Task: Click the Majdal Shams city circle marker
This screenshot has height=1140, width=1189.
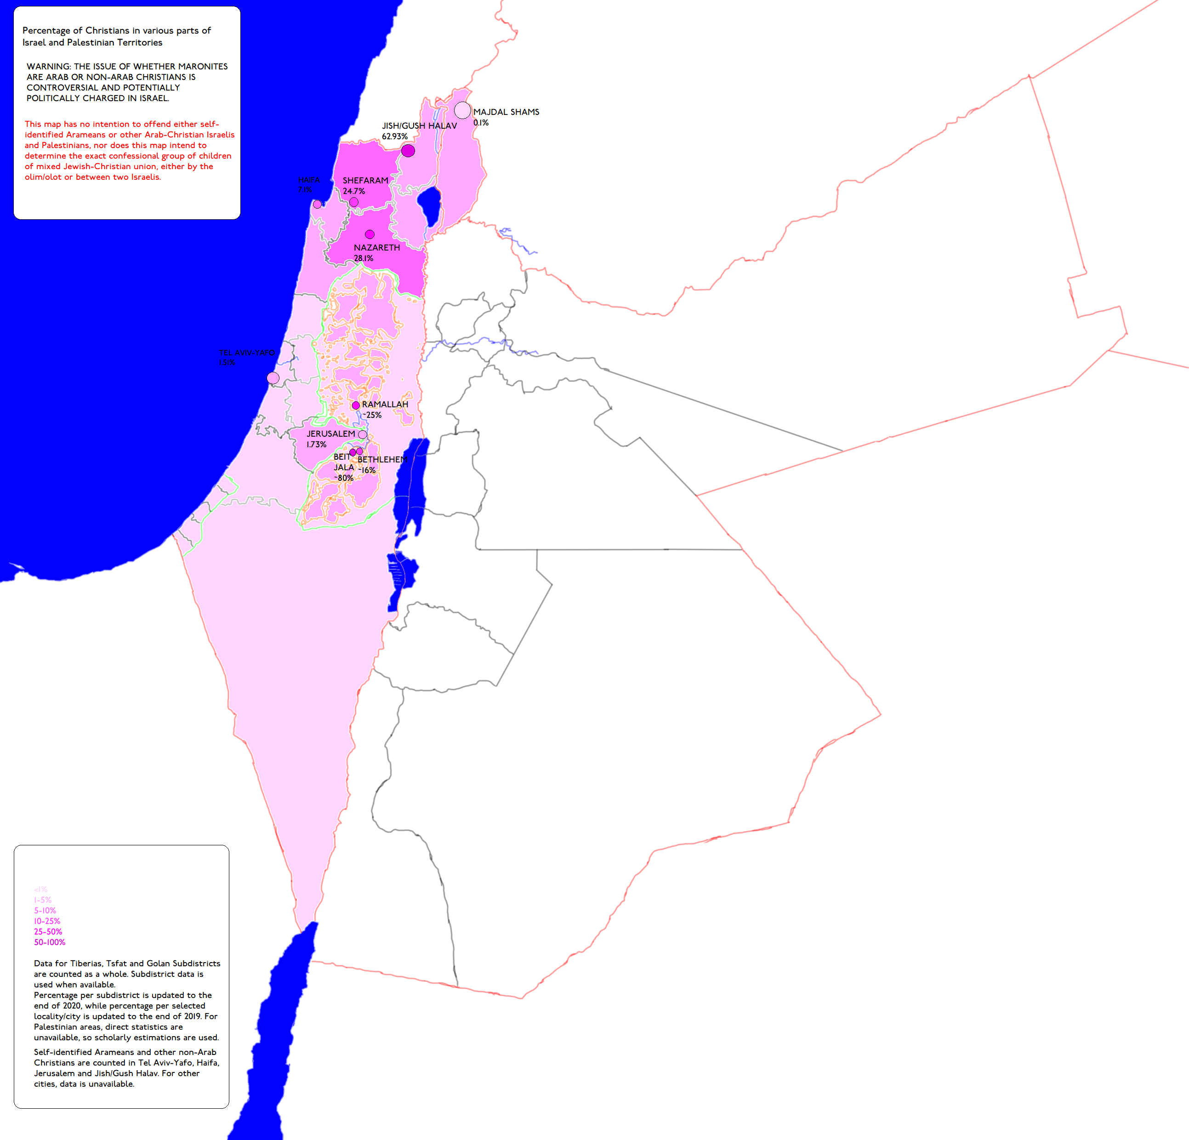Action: pyautogui.click(x=462, y=110)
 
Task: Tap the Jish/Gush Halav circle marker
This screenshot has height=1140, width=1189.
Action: pyautogui.click(x=408, y=150)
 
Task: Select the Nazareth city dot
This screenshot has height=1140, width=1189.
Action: pyautogui.click(x=370, y=234)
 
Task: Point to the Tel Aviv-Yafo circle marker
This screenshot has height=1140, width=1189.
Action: pyautogui.click(x=273, y=378)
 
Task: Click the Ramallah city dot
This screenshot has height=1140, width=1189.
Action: pyautogui.click(x=356, y=405)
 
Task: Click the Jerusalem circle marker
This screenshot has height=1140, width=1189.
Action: pyautogui.click(x=362, y=434)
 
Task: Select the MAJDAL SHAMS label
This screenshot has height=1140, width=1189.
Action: pyautogui.click(x=506, y=112)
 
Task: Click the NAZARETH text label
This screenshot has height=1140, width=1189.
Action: pyautogui.click(x=377, y=247)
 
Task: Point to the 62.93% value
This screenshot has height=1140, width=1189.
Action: pyautogui.click(x=394, y=137)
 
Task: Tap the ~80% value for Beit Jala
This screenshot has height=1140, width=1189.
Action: pyautogui.click(x=343, y=478)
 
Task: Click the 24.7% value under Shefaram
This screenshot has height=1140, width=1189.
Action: pyautogui.click(x=354, y=191)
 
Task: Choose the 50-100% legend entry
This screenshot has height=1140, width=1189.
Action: pyautogui.click(x=50, y=942)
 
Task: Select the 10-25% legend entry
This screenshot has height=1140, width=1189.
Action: pyautogui.click(x=47, y=921)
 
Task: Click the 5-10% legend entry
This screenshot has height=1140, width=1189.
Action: pyautogui.click(x=45, y=911)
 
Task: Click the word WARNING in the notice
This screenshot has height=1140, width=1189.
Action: pyautogui.click(x=48, y=67)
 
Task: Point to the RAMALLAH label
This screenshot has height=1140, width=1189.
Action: pyautogui.click(x=385, y=405)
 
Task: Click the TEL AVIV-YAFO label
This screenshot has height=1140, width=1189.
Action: pyautogui.click(x=247, y=353)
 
